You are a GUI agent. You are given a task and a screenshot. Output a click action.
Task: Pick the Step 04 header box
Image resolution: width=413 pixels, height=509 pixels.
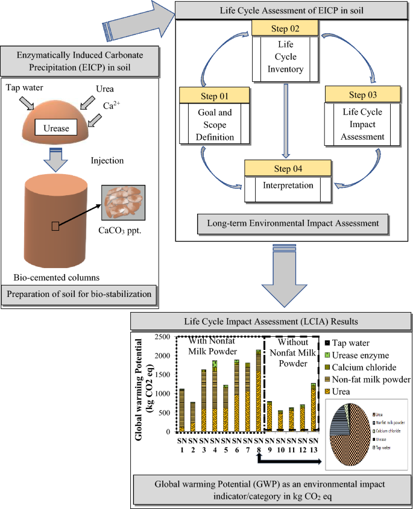[288, 167]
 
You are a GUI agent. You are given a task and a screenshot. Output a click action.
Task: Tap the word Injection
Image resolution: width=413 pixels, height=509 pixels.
[108, 161]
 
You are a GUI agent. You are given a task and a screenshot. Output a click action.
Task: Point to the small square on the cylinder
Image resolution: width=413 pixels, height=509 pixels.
[55, 226]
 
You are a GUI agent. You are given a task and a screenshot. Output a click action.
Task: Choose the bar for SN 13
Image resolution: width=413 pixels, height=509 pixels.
[312, 407]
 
